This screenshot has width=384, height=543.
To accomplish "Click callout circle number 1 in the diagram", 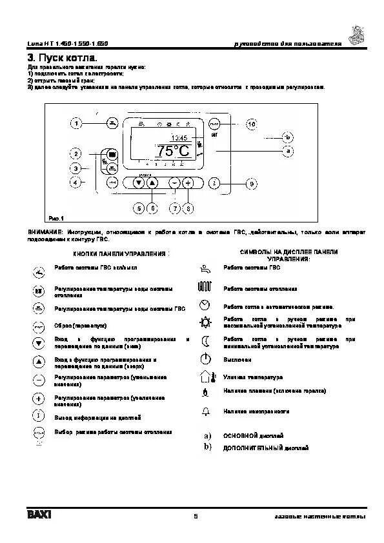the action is [x=77, y=123].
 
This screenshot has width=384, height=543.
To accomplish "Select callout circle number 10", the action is [x=251, y=123].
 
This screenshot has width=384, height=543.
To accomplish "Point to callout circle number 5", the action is [x=138, y=208].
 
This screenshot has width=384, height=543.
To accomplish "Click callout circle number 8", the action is [x=188, y=208].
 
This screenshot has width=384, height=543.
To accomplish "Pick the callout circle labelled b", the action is [x=288, y=137].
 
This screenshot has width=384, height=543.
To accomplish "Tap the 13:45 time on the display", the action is [x=179, y=138].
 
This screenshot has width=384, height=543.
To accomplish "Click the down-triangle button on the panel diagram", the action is [x=138, y=183].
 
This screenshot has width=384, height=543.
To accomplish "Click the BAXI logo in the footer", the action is [x=39, y=516].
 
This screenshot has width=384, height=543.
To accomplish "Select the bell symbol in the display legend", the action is [x=206, y=411].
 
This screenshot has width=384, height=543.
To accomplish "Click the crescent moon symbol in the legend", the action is [x=206, y=341].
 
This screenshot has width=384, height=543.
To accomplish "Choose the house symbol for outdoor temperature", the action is [x=205, y=377].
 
